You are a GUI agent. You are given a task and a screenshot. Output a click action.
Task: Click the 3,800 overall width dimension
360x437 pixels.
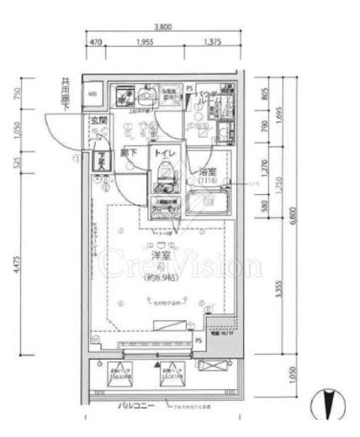[x=164, y=27]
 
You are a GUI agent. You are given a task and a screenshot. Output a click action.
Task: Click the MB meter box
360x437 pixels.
[x=93, y=92]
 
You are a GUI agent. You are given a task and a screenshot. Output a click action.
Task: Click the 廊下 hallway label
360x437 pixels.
[x=129, y=155]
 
